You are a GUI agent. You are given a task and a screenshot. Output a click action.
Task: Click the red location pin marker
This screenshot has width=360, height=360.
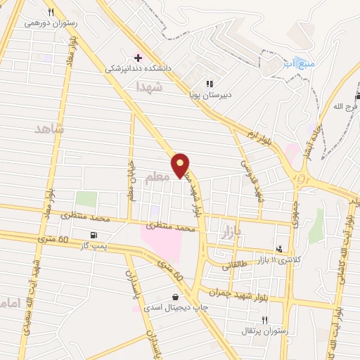(x=181, y=164)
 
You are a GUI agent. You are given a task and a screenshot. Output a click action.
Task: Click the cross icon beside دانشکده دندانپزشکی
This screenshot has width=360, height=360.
(x=138, y=57)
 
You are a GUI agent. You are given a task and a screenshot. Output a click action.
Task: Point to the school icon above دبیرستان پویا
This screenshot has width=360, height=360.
(x=210, y=83)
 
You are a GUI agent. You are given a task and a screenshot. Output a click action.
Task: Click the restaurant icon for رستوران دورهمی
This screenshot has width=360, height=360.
(x=51, y=11)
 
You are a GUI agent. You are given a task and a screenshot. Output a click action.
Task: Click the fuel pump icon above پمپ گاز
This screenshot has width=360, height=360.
(x=94, y=235)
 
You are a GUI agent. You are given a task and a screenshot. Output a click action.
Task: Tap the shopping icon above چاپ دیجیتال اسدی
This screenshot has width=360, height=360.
(x=175, y=297)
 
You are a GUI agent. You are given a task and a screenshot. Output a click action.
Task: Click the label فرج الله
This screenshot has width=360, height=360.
(x=346, y=106)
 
